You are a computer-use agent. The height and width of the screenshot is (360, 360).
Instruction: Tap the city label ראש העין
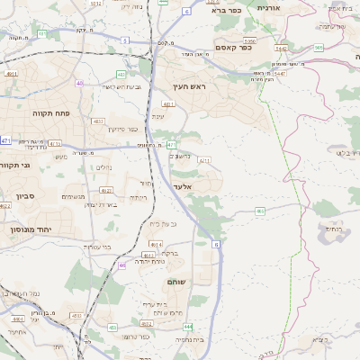[x=190, y=87]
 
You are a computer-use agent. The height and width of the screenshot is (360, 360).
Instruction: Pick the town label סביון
[x=25, y=194]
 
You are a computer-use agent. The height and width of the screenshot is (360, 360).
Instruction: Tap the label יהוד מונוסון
[x=30, y=229]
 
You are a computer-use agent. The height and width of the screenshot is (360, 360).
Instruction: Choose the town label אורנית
[x=269, y=7]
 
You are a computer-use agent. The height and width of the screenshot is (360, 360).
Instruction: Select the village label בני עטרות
[x=95, y=246]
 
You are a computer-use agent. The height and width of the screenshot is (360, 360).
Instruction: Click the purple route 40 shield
[x=79, y=83]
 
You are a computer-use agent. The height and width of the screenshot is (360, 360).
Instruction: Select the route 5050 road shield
[x=249, y=40]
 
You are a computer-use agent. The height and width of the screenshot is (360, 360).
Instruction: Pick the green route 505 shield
[x=319, y=47]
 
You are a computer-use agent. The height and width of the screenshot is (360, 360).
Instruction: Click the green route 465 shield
[x=259, y=211]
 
